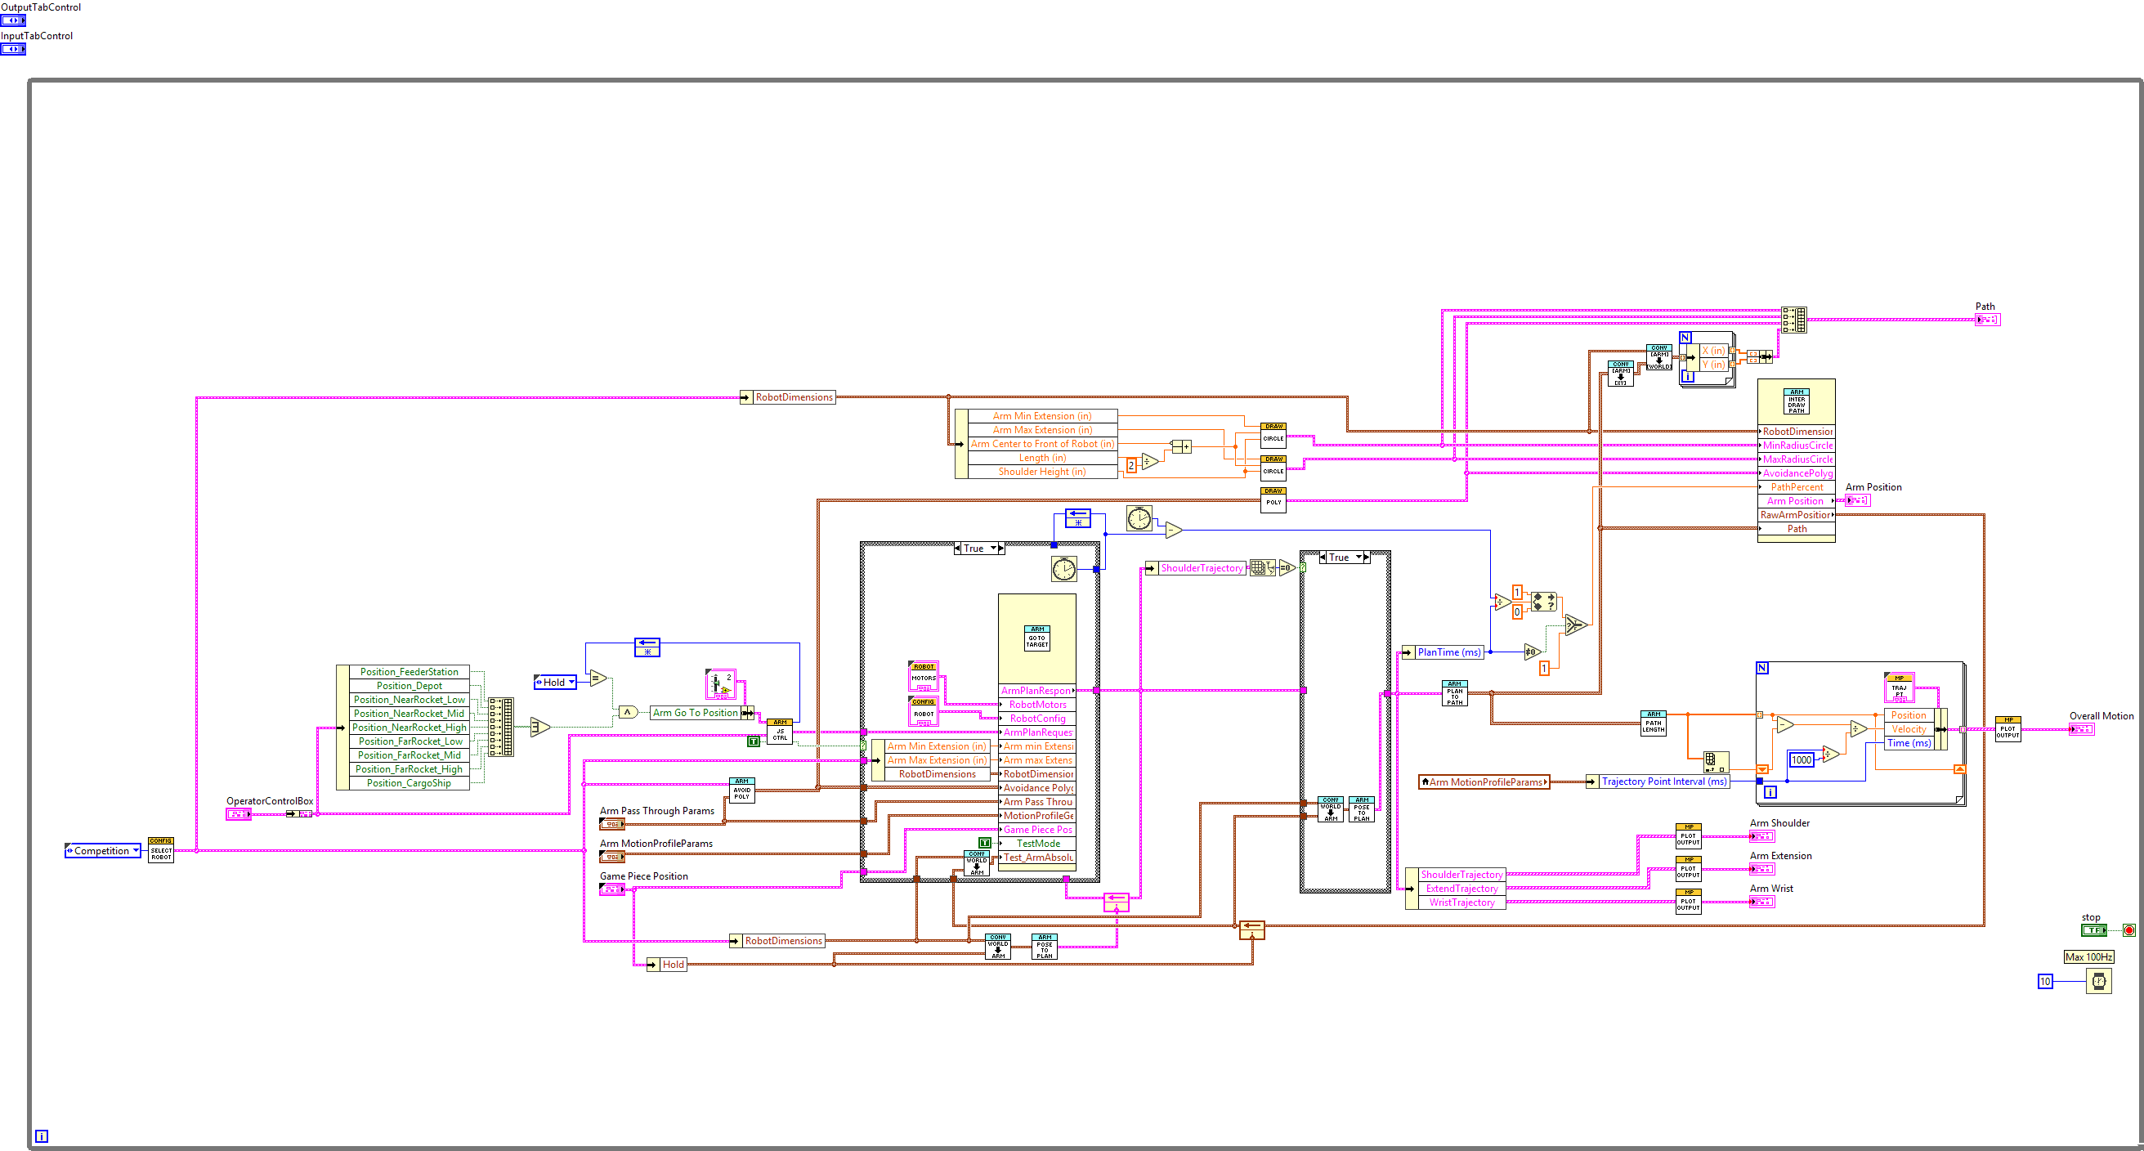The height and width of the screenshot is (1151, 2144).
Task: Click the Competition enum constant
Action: point(101,850)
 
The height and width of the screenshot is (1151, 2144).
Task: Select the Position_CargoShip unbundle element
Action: point(409,783)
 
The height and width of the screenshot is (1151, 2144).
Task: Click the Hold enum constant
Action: point(554,683)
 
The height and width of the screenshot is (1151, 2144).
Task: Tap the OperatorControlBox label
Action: point(270,801)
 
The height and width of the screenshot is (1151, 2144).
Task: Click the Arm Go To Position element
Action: point(695,713)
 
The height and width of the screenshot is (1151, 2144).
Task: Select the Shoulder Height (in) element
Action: point(1041,472)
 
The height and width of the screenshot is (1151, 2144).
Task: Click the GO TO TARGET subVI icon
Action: point(1036,639)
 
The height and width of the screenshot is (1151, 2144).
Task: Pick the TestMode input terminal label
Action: point(1038,843)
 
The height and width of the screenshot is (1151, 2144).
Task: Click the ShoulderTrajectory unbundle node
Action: point(1201,568)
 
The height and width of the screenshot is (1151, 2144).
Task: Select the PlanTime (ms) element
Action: point(1449,652)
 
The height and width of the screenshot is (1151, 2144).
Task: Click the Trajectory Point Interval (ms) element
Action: point(1663,782)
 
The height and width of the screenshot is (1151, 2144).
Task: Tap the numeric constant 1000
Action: point(1801,760)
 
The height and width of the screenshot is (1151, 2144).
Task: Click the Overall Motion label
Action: point(2101,716)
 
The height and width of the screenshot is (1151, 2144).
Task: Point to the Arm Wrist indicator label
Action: point(1771,889)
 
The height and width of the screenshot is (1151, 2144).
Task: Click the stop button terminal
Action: point(2093,930)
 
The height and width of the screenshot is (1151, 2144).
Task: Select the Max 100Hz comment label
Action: point(2088,957)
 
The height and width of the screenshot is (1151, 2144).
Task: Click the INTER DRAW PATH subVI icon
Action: point(1796,402)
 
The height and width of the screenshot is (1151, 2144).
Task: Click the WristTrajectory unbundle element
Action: point(1461,902)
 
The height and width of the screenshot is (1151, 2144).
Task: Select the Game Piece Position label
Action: point(643,876)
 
